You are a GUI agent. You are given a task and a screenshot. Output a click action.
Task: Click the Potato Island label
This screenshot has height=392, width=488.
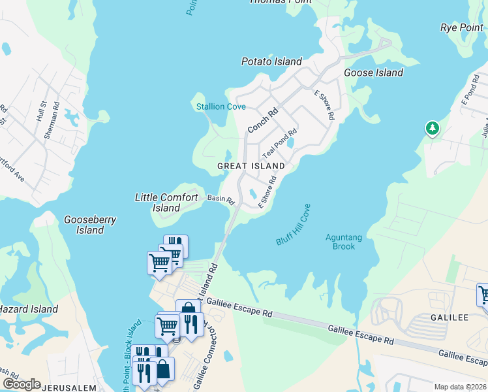pyautogui.click(x=271, y=61)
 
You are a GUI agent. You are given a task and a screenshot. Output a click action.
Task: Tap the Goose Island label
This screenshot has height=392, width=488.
pyautogui.click(x=373, y=73)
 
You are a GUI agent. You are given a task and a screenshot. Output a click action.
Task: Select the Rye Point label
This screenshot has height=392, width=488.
pyautogui.click(x=461, y=27)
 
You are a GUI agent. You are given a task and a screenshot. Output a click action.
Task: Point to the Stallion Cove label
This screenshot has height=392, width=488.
pyautogui.click(x=221, y=106)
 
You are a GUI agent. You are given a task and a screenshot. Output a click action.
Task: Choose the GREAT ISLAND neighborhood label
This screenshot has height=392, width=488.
pyautogui.click(x=251, y=166)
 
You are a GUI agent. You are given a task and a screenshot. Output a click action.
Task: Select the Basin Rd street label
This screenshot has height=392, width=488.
pyautogui.click(x=221, y=199)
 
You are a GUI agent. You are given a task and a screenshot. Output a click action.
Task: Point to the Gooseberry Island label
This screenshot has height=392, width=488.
pyautogui.click(x=90, y=225)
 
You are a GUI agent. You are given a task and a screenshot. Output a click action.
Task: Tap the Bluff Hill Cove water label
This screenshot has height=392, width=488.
pyautogui.click(x=293, y=225)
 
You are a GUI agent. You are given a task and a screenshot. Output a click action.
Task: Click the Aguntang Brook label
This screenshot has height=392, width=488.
pyautogui.click(x=340, y=242)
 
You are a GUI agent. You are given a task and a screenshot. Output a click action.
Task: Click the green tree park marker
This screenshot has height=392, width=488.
pyautogui.click(x=432, y=129)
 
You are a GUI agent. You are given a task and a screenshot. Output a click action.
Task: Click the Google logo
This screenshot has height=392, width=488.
pyautogui.click(x=21, y=384)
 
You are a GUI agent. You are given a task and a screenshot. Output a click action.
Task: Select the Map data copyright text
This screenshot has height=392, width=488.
pyautogui.click(x=460, y=387)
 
